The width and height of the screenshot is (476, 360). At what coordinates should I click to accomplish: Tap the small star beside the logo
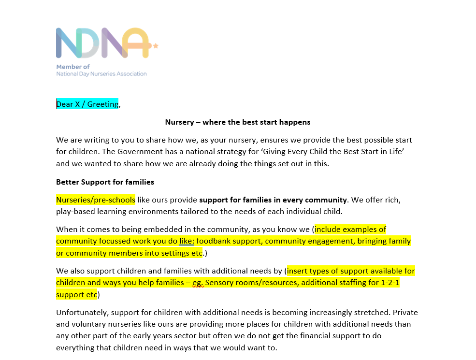point(156,46)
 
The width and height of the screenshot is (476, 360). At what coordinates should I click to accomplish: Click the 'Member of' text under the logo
point(73,67)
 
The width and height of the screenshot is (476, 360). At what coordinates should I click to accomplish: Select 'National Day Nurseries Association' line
point(101,74)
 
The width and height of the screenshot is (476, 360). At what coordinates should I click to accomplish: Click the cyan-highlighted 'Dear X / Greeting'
point(87,104)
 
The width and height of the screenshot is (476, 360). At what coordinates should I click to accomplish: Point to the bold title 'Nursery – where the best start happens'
point(238,122)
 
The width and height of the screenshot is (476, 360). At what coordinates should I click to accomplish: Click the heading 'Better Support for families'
point(105,182)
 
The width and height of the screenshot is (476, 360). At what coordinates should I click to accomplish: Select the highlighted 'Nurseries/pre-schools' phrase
point(96,200)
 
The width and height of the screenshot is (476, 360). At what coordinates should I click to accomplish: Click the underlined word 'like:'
point(187,241)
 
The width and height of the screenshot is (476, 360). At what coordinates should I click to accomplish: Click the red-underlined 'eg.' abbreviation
point(198,283)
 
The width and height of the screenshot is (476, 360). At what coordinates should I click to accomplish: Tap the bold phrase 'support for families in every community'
point(273,200)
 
